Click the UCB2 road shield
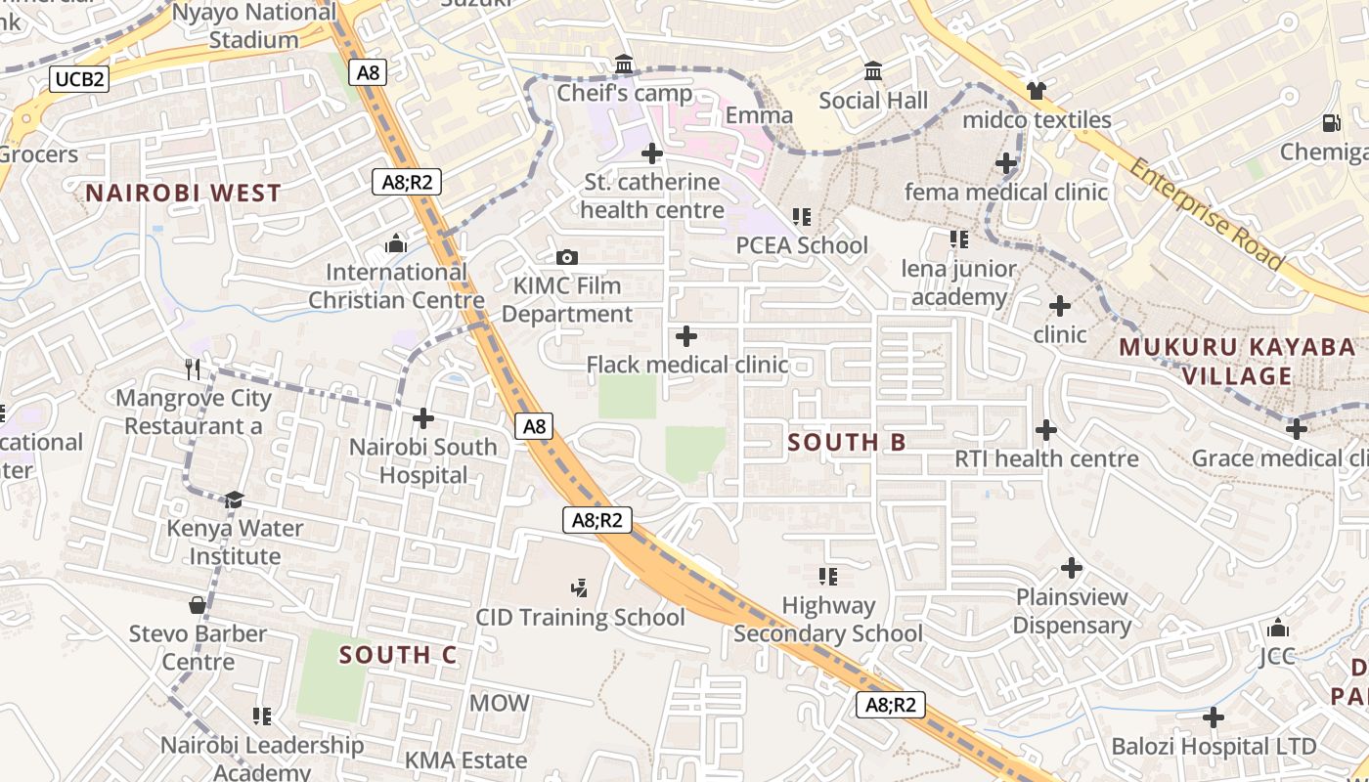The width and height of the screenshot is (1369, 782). click(79, 79)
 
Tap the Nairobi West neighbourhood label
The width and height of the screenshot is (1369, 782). click(183, 193)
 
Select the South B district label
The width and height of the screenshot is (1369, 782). click(847, 442)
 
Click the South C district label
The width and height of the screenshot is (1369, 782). click(398, 655)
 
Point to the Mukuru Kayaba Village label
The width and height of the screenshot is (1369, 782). click(1237, 362)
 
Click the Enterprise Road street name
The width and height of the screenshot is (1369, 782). click(1207, 214)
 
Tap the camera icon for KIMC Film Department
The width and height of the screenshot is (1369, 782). click(566, 258)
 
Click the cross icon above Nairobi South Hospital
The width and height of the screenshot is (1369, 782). click(423, 418)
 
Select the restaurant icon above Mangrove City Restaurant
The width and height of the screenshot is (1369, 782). click(193, 369)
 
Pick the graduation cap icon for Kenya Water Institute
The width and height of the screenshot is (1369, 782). click(234, 500)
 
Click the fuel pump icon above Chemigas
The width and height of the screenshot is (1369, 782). click(1331, 123)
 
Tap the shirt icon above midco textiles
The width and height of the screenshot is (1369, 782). click(1037, 91)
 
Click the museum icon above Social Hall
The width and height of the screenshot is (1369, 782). click(873, 71)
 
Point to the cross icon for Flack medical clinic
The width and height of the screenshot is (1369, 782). click(686, 336)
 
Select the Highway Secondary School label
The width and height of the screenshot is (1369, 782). click(828, 620)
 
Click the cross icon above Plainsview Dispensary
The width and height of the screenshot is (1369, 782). click(1072, 567)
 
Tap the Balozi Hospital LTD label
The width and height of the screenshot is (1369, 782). click(1214, 747)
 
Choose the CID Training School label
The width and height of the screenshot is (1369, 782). click(580, 618)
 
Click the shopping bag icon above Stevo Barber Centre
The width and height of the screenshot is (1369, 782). click(198, 605)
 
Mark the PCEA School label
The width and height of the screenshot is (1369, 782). click(802, 245)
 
